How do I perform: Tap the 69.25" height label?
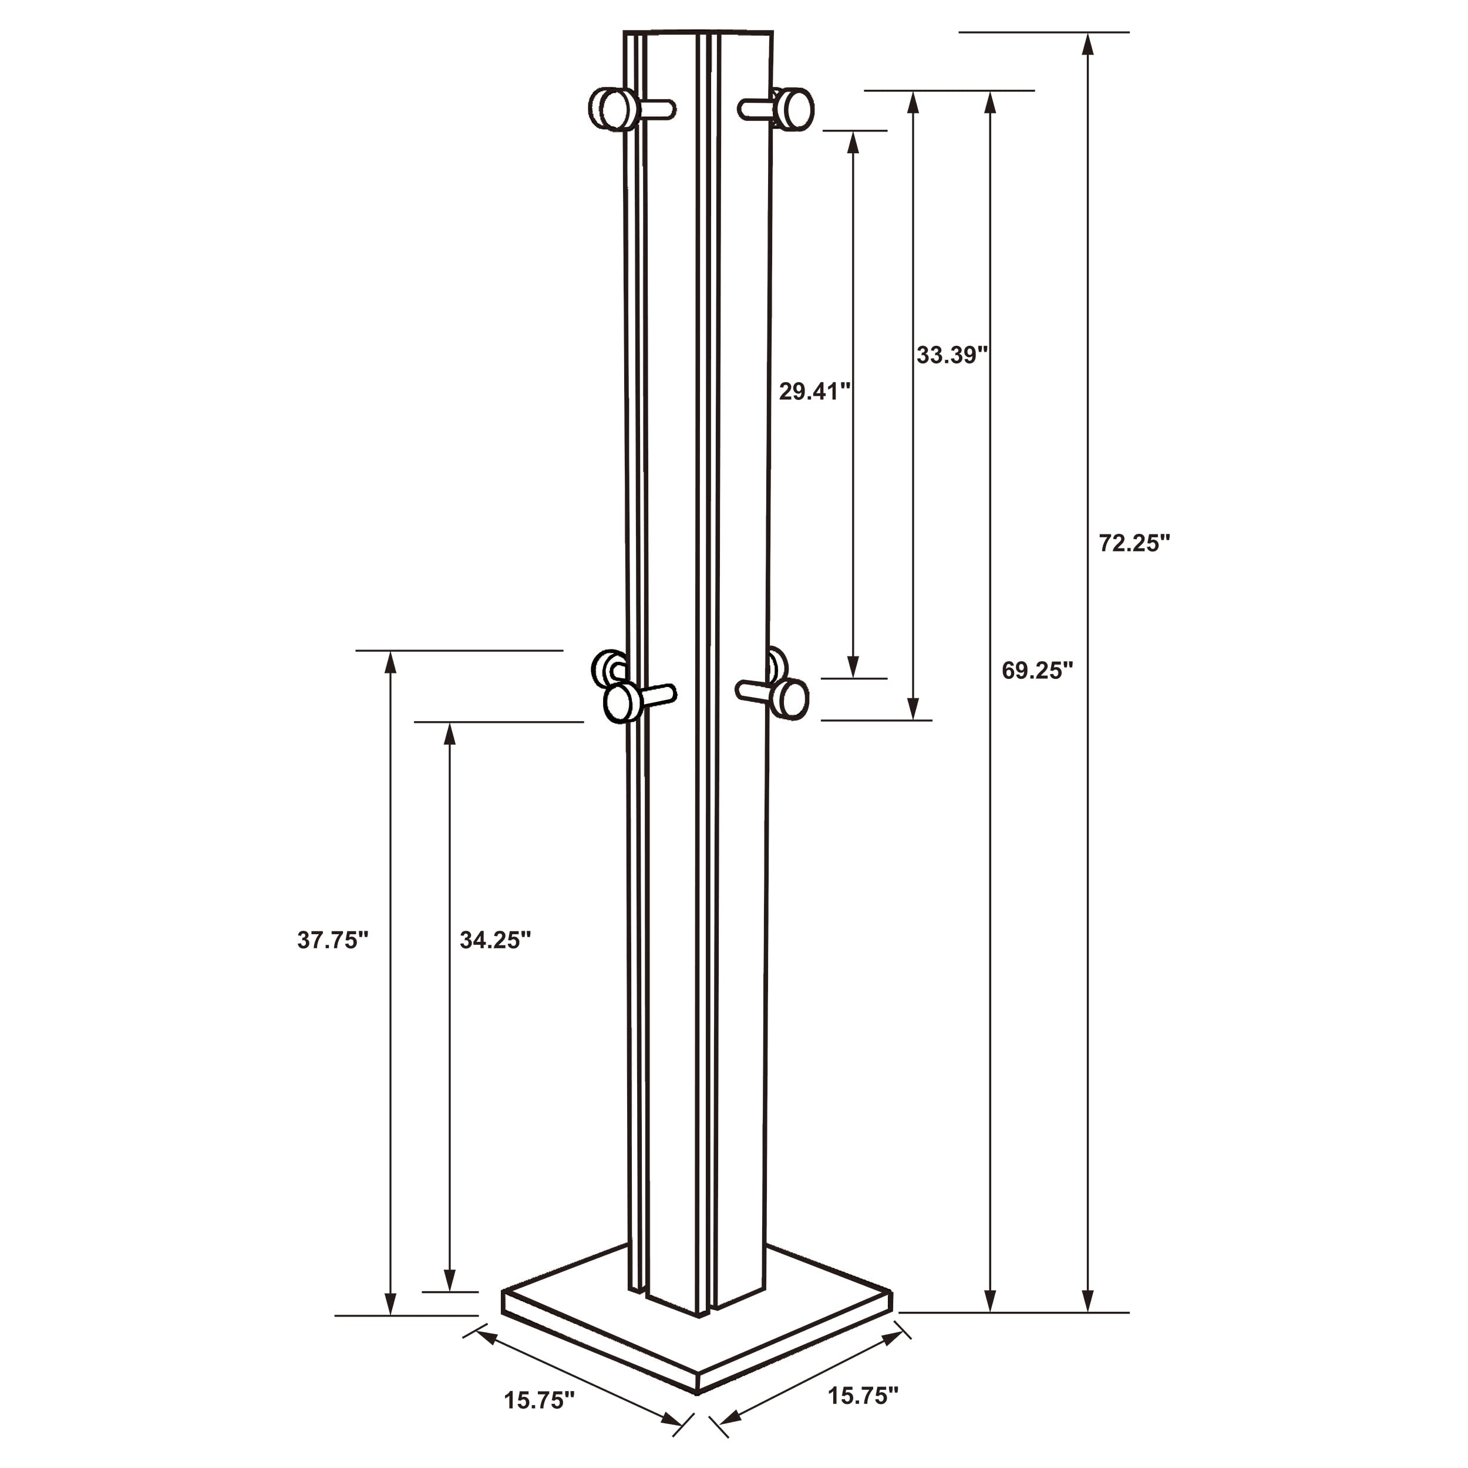(x=1037, y=670)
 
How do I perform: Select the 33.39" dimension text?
(x=951, y=355)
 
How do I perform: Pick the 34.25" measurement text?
(x=494, y=941)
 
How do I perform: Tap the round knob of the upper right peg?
(x=796, y=109)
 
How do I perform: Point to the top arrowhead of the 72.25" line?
(x=1088, y=44)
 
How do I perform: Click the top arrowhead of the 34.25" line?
(x=450, y=735)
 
